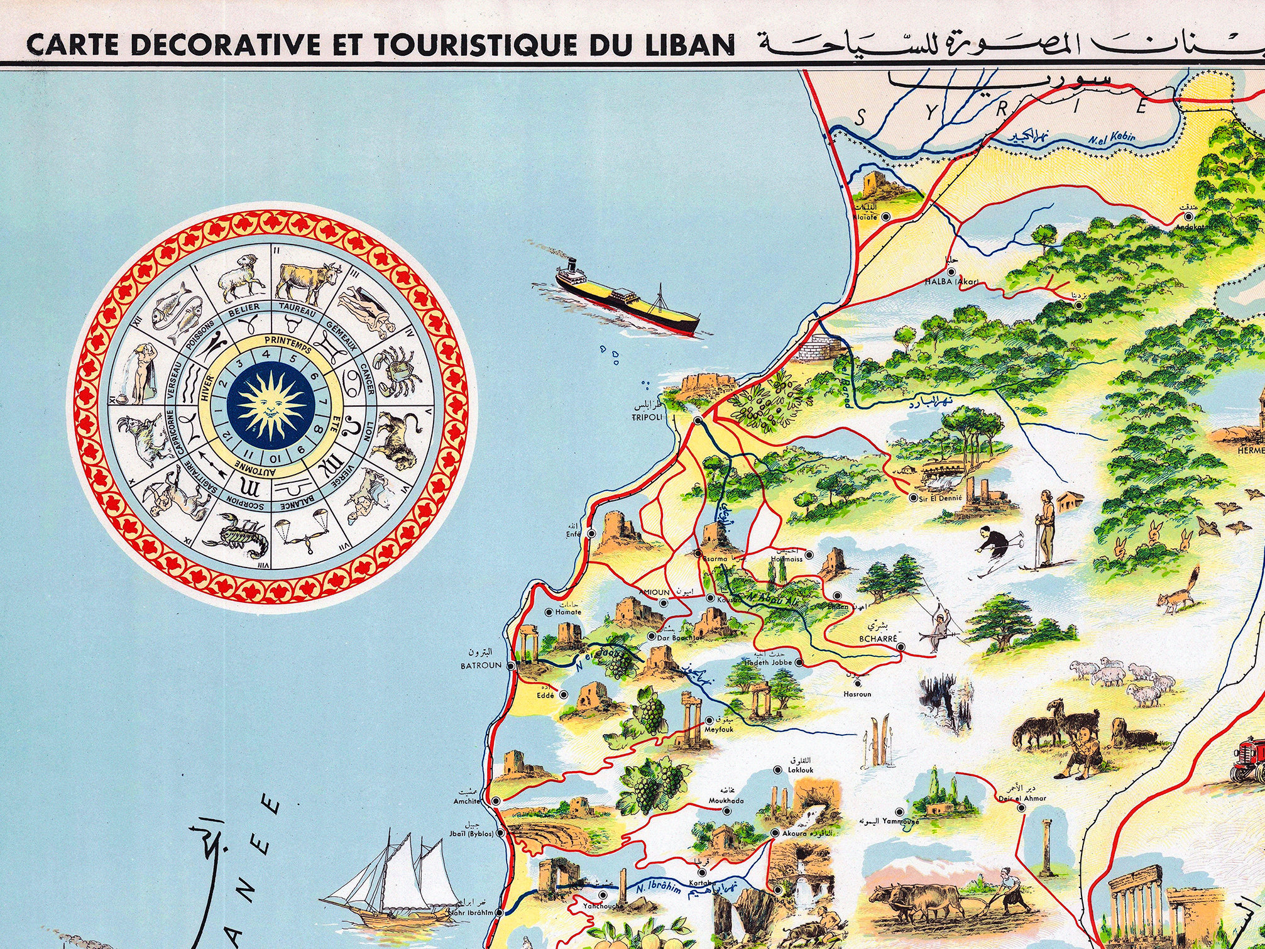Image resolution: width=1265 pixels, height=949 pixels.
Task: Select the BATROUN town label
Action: [481, 665]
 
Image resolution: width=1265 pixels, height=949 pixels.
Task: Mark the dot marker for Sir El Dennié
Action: [914, 498]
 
